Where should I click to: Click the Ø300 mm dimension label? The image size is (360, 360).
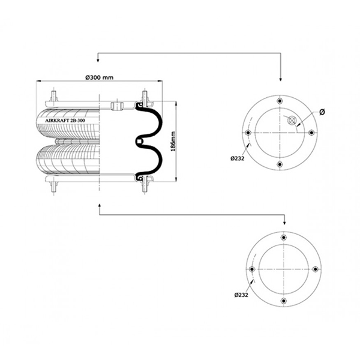click(x=100, y=77)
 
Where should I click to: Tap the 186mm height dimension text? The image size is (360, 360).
click(x=173, y=142)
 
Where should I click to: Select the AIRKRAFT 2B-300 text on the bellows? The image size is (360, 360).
click(x=65, y=121)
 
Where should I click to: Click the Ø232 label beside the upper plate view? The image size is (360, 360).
click(x=238, y=158)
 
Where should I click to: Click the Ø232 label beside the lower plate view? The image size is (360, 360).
click(x=241, y=295)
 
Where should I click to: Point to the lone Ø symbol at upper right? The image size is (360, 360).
click(x=322, y=112)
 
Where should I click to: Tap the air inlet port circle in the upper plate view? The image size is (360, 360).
click(x=292, y=121)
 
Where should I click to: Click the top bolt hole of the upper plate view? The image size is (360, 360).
click(x=280, y=101)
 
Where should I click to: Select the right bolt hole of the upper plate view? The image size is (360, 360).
click(x=311, y=133)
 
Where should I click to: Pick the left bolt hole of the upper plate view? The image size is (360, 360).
click(x=248, y=133)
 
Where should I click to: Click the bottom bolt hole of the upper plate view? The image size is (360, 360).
click(x=280, y=164)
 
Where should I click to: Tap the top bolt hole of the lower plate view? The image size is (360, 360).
click(x=284, y=238)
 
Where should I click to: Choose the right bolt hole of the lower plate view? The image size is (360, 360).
click(x=315, y=269)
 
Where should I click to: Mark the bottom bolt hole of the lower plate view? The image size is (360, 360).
click(x=284, y=301)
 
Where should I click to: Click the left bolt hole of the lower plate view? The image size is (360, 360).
click(x=252, y=269)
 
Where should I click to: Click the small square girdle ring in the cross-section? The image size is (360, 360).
click(x=139, y=142)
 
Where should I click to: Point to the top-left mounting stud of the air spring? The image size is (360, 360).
click(x=54, y=97)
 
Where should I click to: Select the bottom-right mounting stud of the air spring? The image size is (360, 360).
click(x=145, y=187)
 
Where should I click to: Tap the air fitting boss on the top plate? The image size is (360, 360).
click(x=117, y=106)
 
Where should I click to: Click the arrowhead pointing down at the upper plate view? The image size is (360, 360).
click(x=280, y=79)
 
